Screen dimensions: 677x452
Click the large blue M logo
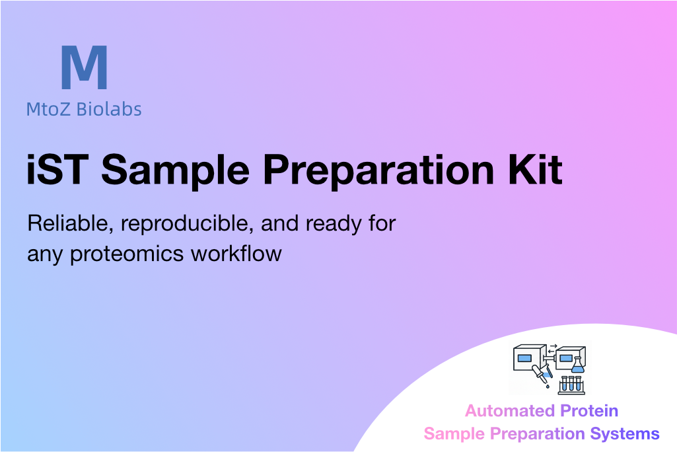[84, 67]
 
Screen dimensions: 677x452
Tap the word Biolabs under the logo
[109, 109]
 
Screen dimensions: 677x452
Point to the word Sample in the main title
[175, 172]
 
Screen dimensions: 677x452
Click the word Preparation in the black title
[378, 172]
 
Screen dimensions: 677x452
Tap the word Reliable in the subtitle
[71, 224]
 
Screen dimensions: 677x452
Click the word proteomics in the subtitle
[127, 254]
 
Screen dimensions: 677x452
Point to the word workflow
[236, 253]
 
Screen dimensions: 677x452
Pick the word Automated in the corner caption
[509, 410]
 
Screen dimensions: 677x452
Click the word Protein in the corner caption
[589, 410]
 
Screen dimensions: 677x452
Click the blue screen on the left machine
[524, 358]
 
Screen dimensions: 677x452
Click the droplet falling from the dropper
[548, 387]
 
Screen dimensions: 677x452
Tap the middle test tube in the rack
[571, 384]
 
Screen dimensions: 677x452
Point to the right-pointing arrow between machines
[553, 346]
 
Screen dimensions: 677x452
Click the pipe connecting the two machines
[550, 359]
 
